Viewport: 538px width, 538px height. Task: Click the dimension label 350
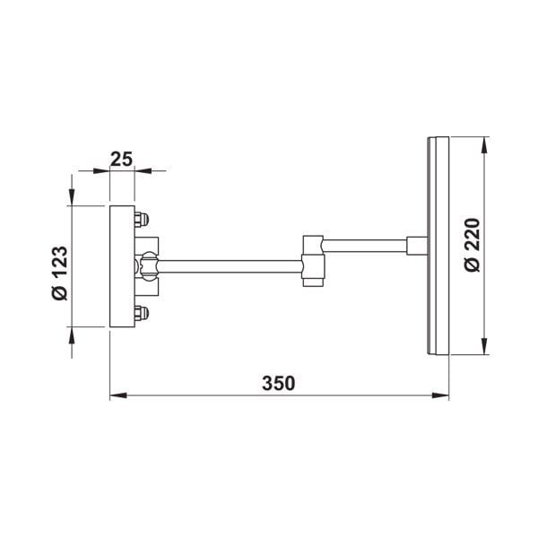pyautogui.click(x=279, y=383)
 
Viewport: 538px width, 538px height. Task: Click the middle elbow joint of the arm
pyautogui.click(x=311, y=260)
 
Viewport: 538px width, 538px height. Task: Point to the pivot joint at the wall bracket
pyautogui.click(x=147, y=265)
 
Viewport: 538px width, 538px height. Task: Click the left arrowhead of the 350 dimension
pyautogui.click(x=117, y=395)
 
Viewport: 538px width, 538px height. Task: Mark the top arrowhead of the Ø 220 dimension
pyautogui.click(x=485, y=143)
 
